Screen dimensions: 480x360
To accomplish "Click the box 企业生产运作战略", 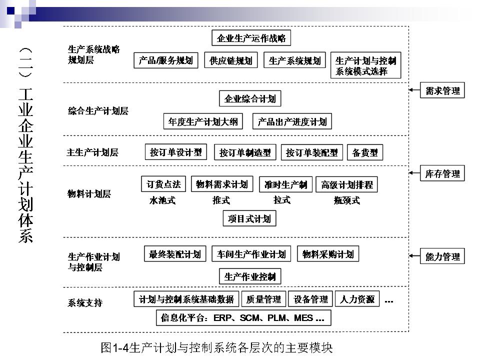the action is [251, 38].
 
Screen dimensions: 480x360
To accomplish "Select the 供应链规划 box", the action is [231, 61].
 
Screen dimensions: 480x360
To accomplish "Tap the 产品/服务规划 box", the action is [166, 61].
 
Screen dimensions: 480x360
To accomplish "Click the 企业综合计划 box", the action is [250, 98].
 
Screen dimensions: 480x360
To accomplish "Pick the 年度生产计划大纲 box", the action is [203, 121].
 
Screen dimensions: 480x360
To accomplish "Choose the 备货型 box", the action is [365, 152].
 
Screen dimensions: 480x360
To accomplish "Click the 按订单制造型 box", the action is [245, 152].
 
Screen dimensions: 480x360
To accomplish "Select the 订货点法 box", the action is [163, 184].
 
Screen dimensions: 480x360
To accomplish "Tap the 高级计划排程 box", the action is [347, 184].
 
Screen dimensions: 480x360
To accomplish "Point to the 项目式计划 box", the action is [249, 218].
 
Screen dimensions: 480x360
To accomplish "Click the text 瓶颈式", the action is [347, 201].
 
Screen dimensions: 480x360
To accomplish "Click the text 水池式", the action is [162, 201].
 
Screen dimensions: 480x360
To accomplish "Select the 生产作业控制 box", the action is [250, 276].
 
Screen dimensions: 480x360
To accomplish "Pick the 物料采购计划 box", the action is [328, 254].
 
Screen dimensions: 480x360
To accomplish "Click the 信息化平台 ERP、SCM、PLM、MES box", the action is [243, 317].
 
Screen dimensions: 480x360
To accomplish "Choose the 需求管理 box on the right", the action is [442, 91].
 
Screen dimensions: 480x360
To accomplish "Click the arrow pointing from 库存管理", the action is [414, 173].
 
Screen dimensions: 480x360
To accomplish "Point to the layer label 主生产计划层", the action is [92, 152].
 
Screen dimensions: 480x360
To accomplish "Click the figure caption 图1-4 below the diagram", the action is [216, 347].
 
